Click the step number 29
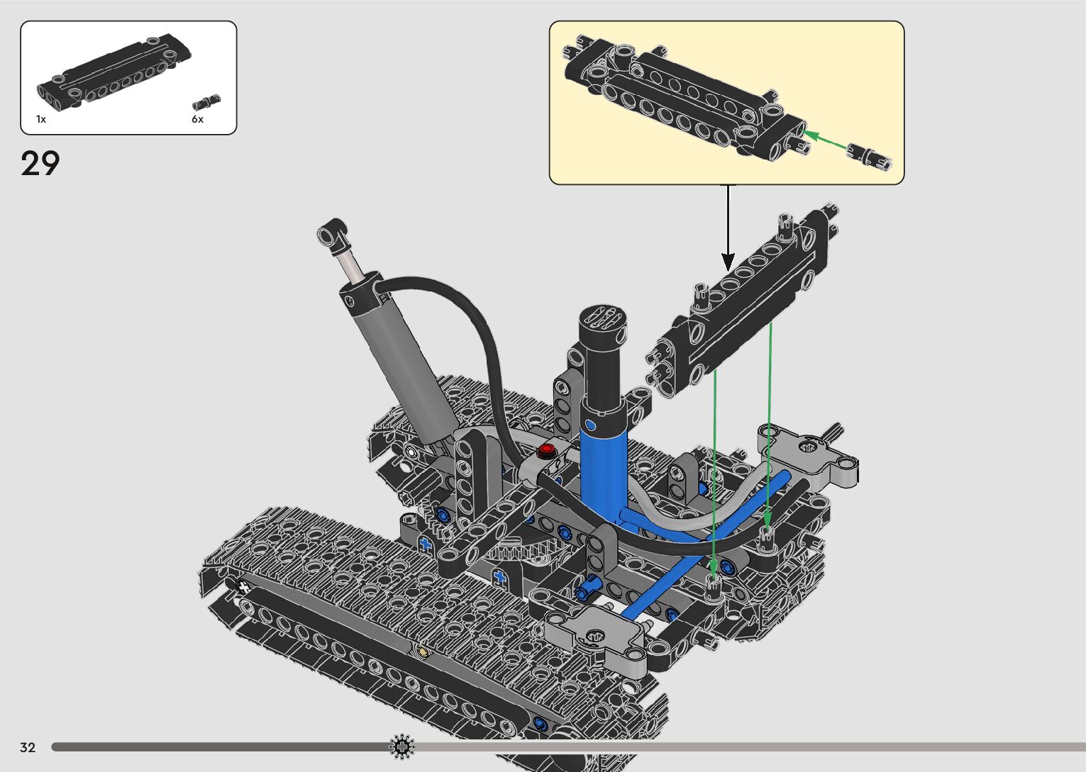(x=40, y=163)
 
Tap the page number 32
(x=28, y=747)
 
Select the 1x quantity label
(x=41, y=119)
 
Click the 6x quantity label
(x=197, y=119)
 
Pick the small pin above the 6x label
(x=206, y=102)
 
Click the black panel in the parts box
(x=114, y=73)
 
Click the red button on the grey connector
(x=547, y=449)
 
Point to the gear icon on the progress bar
(x=402, y=746)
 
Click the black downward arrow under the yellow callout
(x=728, y=228)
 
